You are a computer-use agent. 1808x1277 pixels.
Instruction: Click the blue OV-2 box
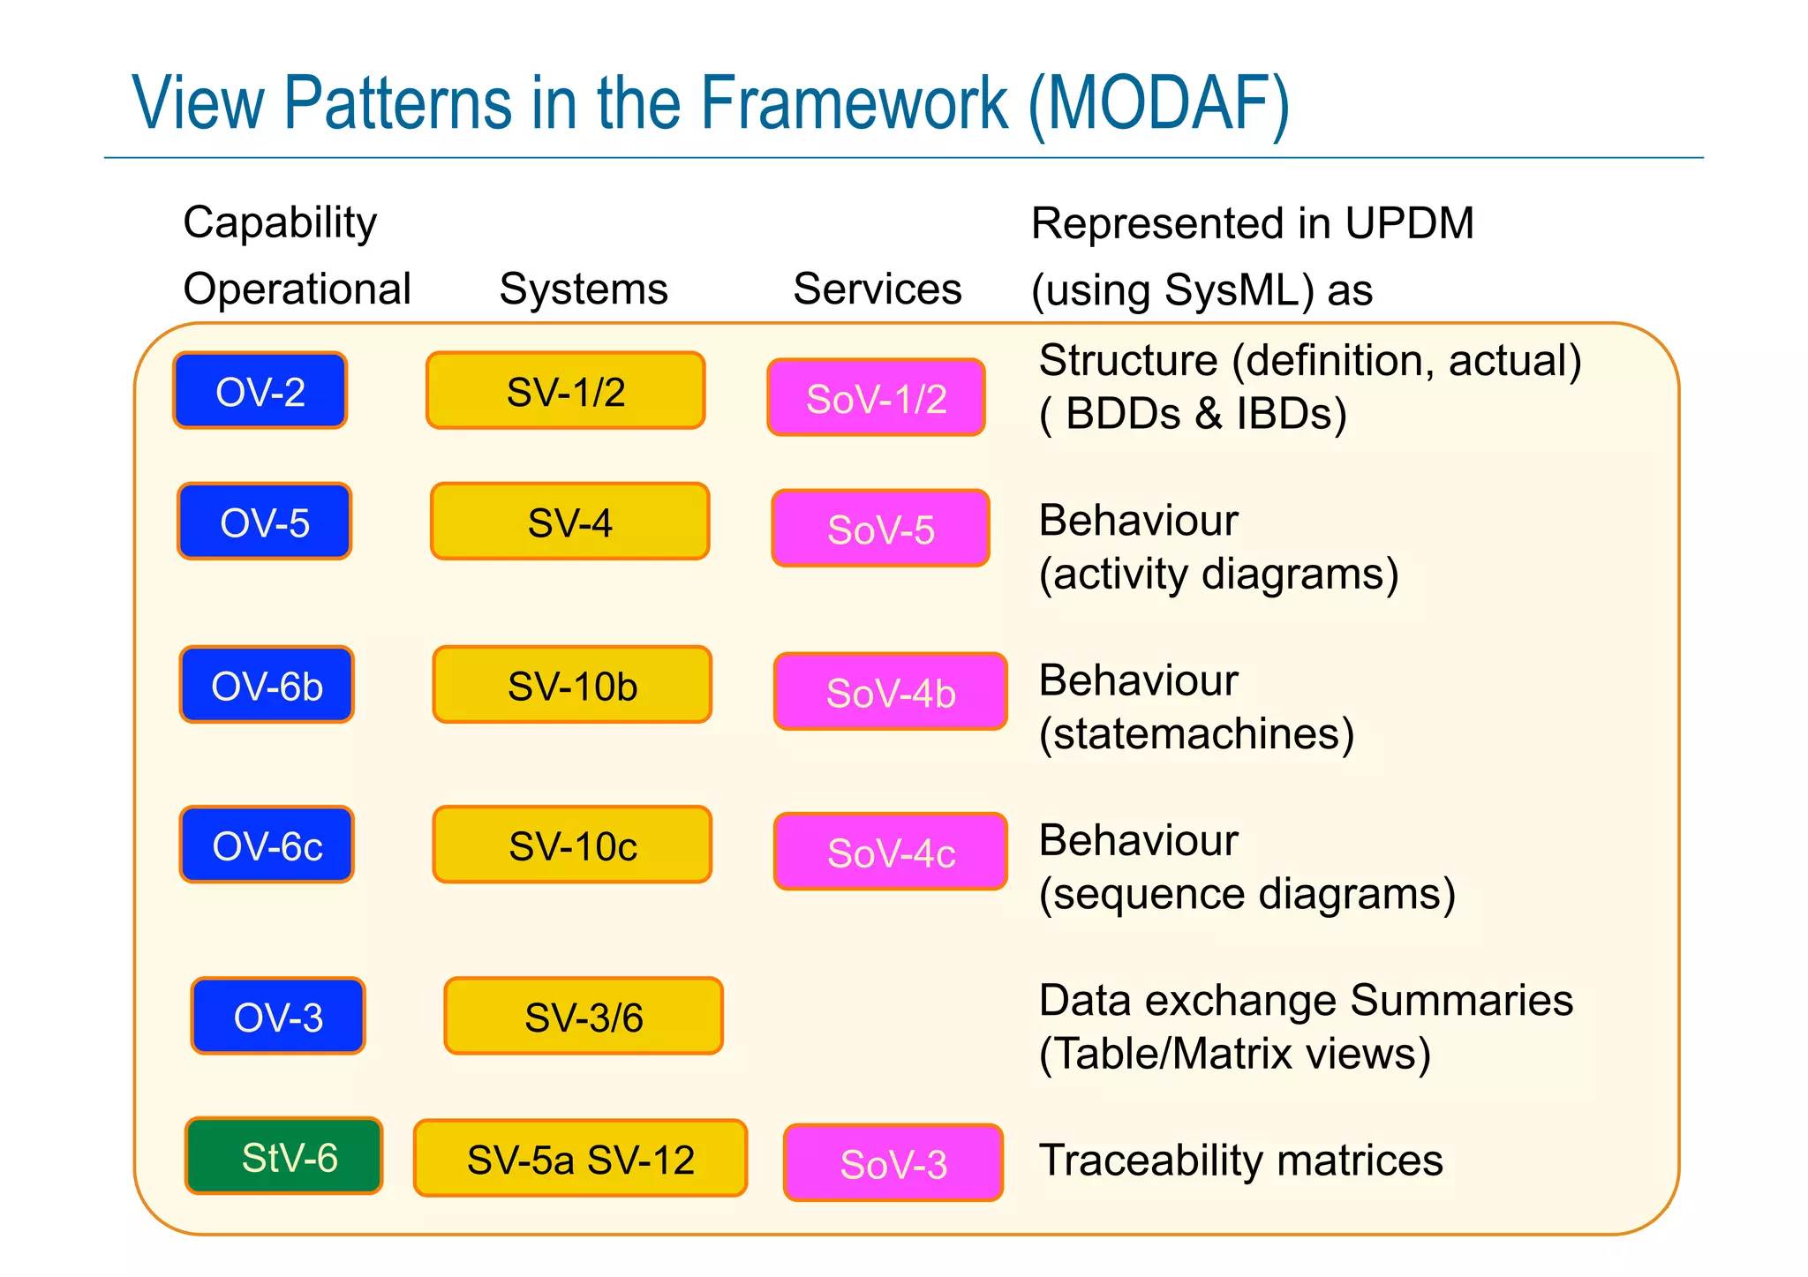260,391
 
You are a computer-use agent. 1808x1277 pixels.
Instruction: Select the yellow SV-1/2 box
565,391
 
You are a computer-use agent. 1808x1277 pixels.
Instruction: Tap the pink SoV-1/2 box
876,398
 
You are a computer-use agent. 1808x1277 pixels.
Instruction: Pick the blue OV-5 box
264,522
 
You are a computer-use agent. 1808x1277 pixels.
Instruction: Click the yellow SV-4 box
569,522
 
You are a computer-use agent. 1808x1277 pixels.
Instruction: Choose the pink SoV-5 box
880,529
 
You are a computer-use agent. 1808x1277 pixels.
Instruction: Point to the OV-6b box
267,685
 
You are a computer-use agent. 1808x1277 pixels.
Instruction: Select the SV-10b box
572,685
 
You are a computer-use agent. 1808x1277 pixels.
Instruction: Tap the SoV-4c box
890,852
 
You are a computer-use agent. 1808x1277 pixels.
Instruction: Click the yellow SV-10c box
572,845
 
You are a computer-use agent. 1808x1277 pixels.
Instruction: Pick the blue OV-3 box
277,1017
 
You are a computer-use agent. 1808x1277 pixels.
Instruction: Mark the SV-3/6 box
583,1017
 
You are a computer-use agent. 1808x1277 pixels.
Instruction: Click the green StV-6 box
283,1156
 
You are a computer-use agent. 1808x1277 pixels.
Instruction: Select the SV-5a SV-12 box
580,1159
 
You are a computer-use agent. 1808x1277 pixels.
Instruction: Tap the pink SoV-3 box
893,1163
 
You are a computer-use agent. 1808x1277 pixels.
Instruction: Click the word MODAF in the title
1158,104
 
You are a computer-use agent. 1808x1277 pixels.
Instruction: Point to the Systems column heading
583,289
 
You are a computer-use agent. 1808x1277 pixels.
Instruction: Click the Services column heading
877,289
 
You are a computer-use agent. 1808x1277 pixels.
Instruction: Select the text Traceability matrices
1240,1160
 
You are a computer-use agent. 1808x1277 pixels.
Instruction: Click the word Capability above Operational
280,222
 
